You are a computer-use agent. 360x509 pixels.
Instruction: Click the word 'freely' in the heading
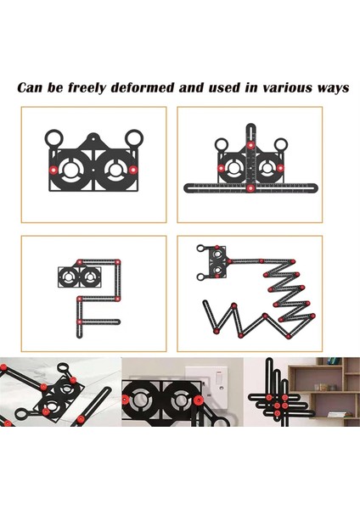pyautogui.click(x=87, y=87)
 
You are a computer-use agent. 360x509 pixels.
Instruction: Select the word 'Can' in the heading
pyautogui.click(x=31, y=87)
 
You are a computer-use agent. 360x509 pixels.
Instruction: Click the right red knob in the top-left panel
pyautogui.click(x=133, y=170)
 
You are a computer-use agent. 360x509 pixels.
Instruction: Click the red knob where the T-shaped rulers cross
pyautogui.click(x=250, y=188)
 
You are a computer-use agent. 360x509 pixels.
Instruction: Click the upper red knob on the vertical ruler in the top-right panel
pyautogui.click(x=250, y=145)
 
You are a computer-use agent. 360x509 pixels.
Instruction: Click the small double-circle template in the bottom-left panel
pyautogui.click(x=79, y=277)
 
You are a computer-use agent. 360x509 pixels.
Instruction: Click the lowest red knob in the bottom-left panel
pyautogui.click(x=79, y=322)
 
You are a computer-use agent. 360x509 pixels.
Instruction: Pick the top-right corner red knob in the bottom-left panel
pyautogui.click(x=118, y=261)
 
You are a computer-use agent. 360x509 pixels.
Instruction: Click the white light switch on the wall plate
pyautogui.click(x=217, y=378)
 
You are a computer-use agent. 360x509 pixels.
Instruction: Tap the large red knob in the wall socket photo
pyautogui.click(x=197, y=400)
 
